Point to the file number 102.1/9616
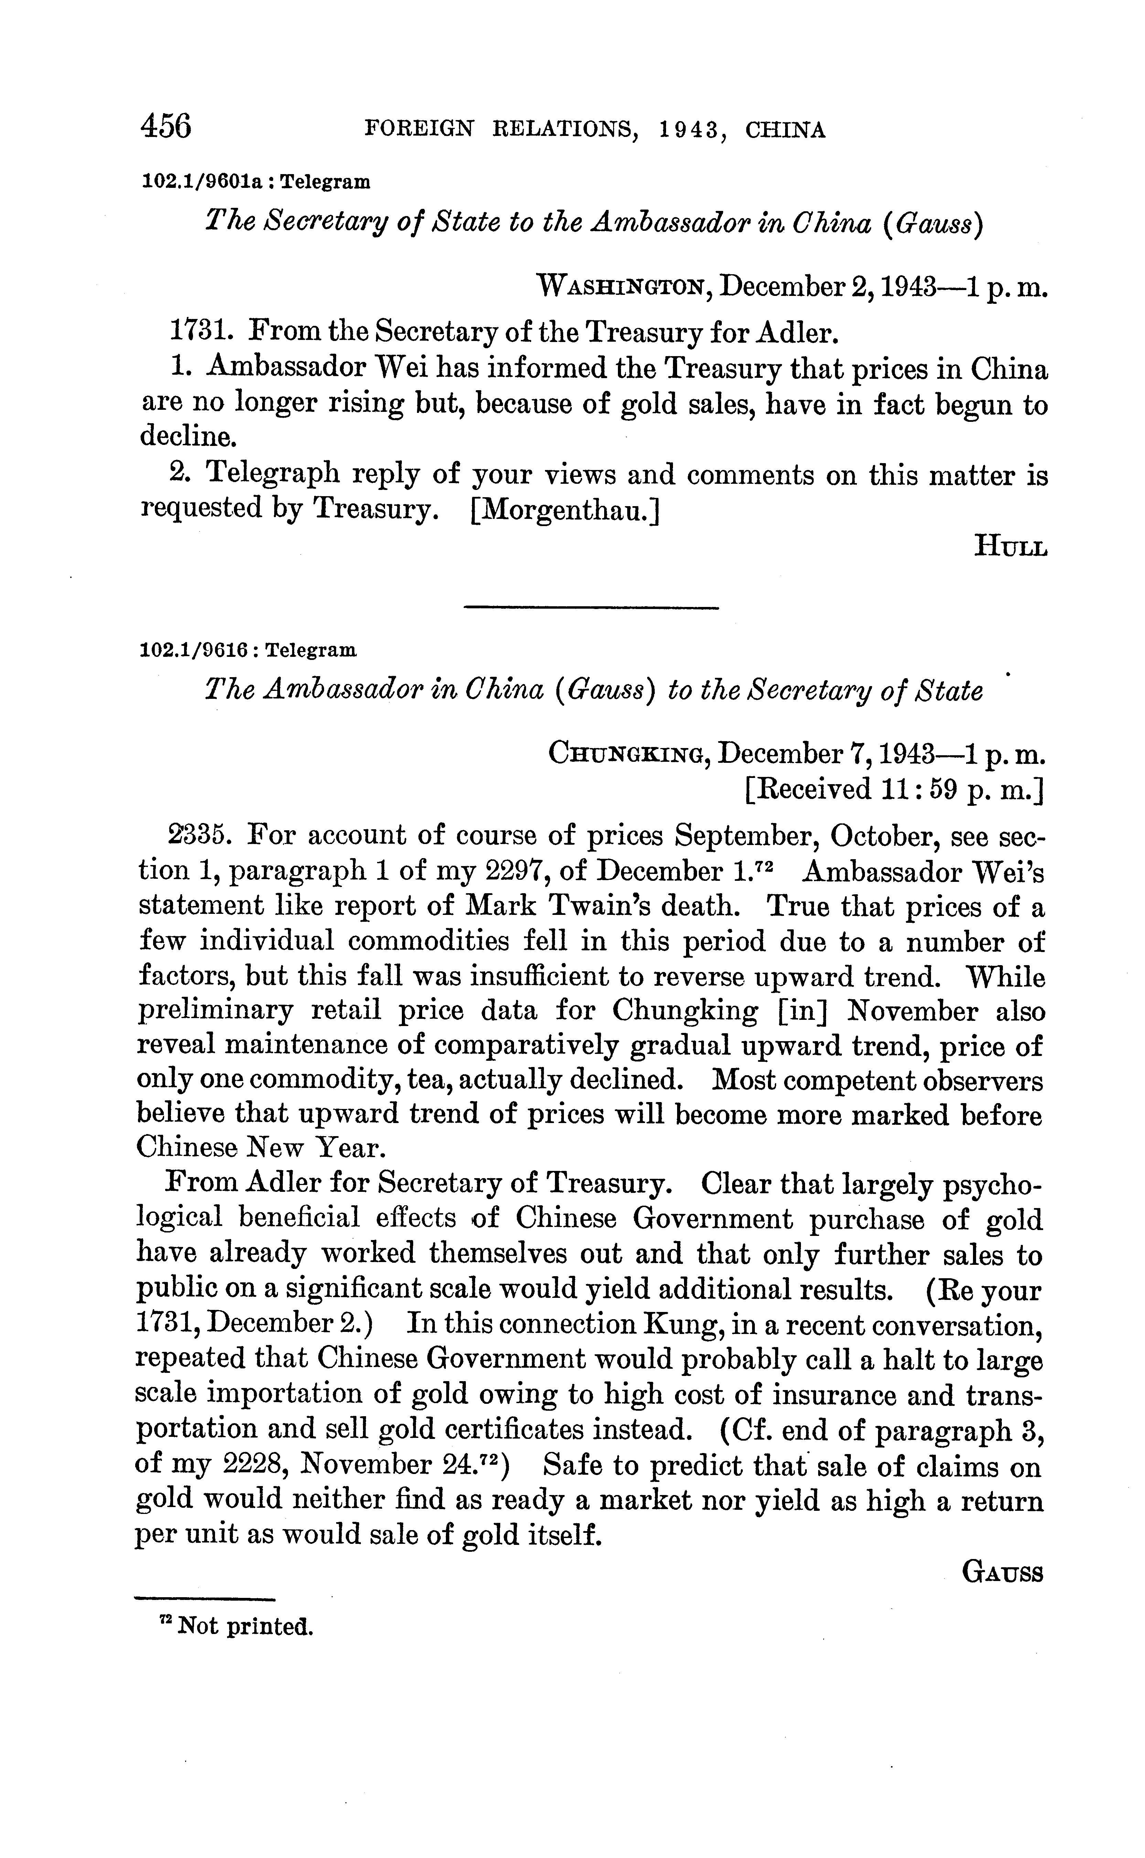[x=194, y=650]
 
